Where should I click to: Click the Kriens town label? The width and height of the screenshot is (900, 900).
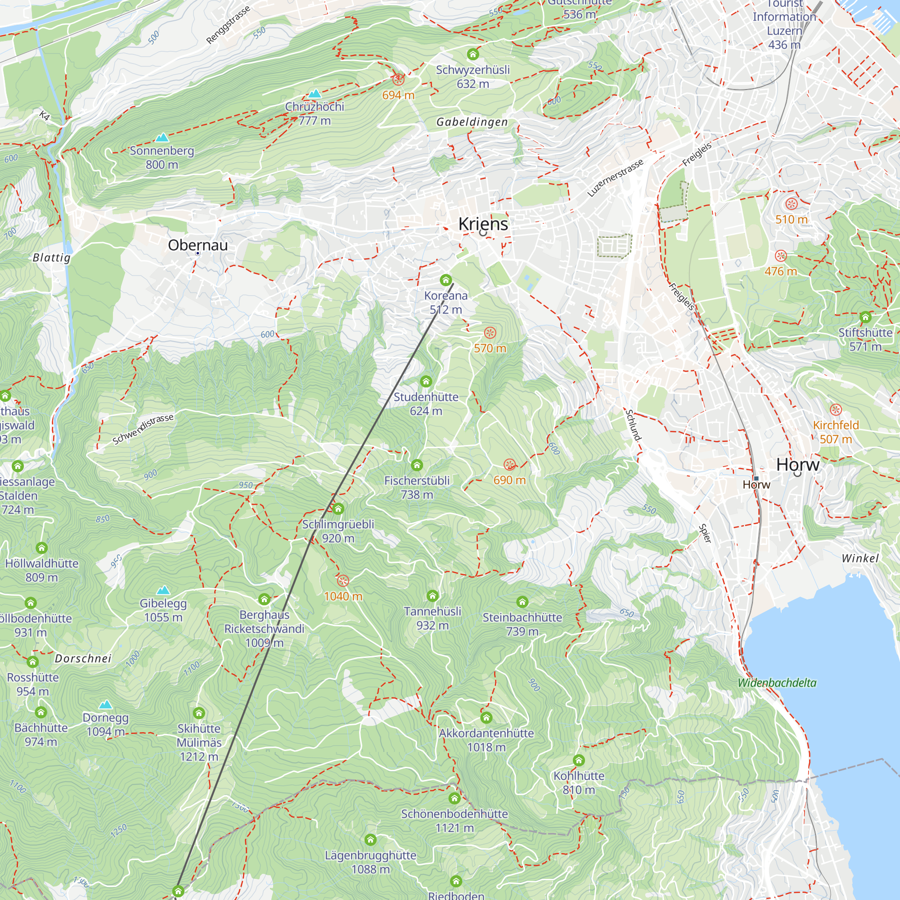click(482, 224)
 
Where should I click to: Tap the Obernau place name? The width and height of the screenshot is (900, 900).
click(198, 245)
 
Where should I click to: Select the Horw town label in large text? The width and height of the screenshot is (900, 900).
click(797, 464)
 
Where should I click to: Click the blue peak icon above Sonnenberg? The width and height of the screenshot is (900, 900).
click(162, 137)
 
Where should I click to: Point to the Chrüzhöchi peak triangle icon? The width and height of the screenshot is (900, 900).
click(315, 94)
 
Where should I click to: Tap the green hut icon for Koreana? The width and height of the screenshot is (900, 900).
click(445, 280)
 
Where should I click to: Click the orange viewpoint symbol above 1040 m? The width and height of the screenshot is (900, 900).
click(343, 580)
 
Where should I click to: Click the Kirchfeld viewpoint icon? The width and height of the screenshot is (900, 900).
click(836, 409)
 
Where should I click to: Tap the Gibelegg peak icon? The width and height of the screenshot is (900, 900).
click(163, 590)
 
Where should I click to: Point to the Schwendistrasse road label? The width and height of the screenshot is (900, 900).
click(143, 429)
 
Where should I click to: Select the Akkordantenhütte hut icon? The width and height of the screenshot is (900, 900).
click(486, 717)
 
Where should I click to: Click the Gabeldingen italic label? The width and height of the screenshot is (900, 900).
click(472, 122)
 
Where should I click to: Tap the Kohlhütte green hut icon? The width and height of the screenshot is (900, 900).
click(579, 760)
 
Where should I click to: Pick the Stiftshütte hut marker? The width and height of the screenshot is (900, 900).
click(865, 318)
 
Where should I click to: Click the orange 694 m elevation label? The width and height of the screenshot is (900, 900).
click(398, 95)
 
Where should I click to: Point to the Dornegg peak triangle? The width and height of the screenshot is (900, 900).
click(106, 704)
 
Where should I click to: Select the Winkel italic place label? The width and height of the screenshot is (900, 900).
click(860, 558)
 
